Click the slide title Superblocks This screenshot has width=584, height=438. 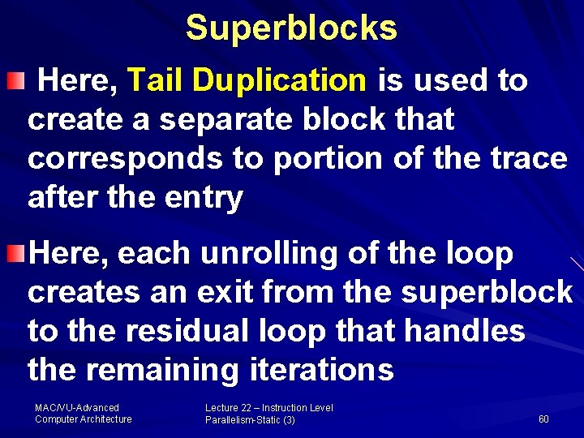click(291, 28)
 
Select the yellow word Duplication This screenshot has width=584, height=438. click(280, 80)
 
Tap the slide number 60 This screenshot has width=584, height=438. click(543, 419)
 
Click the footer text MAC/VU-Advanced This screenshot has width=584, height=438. click(77, 408)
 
